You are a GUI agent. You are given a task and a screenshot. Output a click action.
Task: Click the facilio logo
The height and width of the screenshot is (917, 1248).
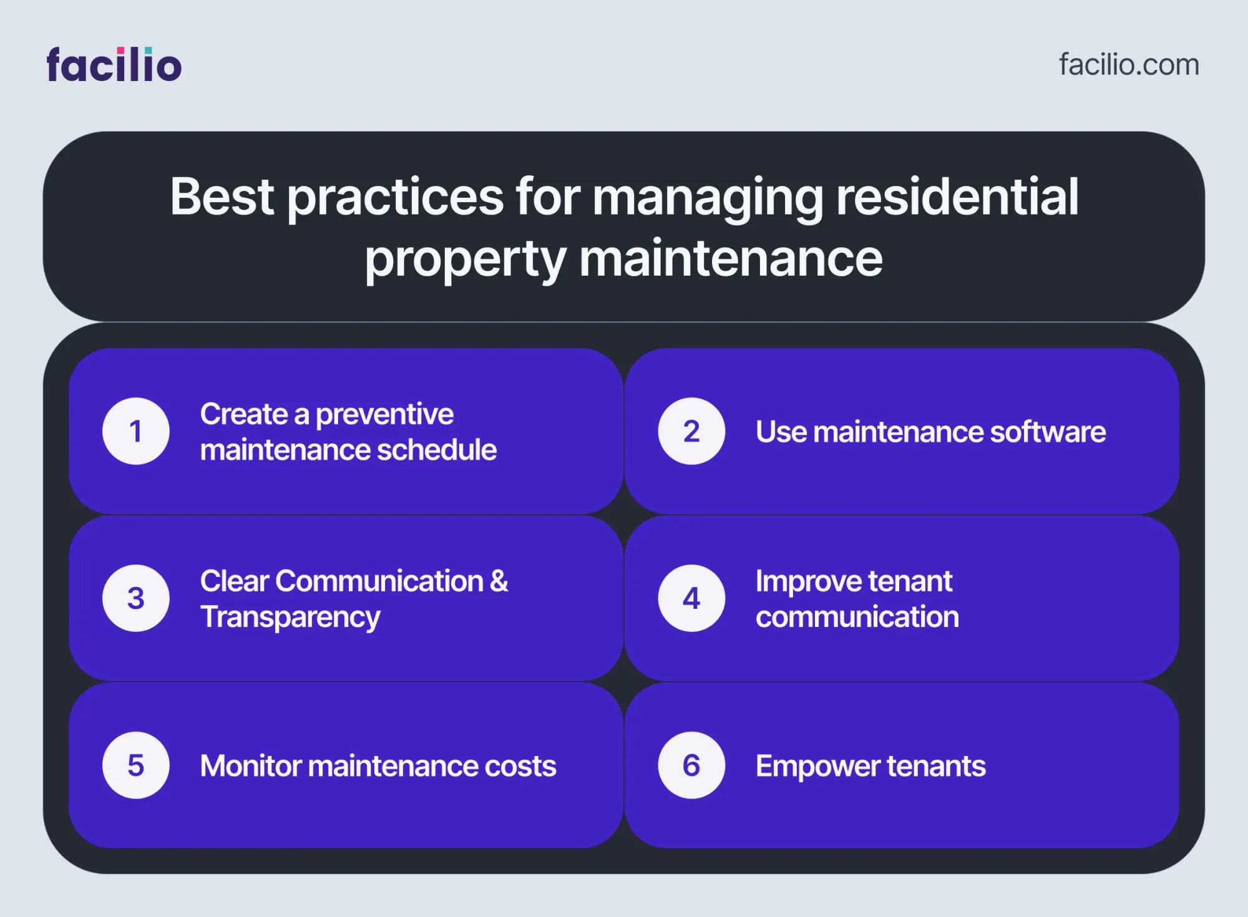114,65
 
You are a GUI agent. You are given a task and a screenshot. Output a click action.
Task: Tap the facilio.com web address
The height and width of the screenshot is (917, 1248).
1129,65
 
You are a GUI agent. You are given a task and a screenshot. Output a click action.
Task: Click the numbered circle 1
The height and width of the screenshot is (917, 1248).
136,431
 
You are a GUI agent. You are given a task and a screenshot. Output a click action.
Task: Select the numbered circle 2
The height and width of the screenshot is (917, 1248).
691,431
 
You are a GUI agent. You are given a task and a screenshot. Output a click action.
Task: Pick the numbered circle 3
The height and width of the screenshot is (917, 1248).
136,598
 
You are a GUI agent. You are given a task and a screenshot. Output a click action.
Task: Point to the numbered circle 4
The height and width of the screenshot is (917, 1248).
691,598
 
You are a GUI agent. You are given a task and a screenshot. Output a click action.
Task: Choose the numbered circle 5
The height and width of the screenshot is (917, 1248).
136,765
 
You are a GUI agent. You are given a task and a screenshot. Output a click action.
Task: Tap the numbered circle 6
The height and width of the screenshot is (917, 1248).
691,765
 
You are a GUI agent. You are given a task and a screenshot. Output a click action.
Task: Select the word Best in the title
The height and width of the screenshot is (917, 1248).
222,196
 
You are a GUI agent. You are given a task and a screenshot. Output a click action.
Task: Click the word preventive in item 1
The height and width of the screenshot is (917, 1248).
384,415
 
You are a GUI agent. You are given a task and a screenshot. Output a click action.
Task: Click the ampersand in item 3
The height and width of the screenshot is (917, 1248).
499,581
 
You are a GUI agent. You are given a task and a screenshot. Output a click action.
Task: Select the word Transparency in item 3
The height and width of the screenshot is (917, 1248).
290,618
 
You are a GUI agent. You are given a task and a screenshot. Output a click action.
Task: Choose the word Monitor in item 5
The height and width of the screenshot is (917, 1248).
251,766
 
